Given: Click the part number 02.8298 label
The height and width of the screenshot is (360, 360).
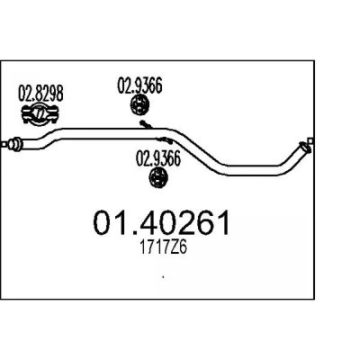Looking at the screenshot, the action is [40, 93].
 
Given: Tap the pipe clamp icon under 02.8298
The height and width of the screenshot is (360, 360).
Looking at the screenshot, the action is [40, 114].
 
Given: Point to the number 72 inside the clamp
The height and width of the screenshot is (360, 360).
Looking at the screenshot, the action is [40, 114].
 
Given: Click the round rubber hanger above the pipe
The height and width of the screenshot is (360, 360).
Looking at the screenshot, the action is [139, 104].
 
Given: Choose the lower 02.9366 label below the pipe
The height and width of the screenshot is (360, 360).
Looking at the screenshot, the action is [158, 158].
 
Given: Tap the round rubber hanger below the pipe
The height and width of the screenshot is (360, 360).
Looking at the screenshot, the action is [158, 177].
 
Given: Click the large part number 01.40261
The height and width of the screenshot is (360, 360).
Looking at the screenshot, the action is [162, 222].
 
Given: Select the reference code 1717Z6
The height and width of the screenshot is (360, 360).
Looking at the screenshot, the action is [163, 247].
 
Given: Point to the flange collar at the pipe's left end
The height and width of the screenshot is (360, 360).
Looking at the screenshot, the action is [14, 144].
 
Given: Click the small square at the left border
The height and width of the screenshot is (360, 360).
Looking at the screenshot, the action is [4, 144].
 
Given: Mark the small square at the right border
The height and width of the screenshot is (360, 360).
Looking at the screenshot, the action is [310, 140].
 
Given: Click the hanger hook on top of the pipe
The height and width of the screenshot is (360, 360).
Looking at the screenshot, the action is [146, 124].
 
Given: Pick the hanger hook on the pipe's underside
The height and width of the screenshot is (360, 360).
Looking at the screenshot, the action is [164, 139].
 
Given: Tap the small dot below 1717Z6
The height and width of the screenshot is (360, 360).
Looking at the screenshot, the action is [163, 277].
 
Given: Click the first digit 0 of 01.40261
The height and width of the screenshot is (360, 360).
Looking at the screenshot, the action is [103, 222].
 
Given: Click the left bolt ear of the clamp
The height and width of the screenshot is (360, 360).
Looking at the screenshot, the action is [26, 114].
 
